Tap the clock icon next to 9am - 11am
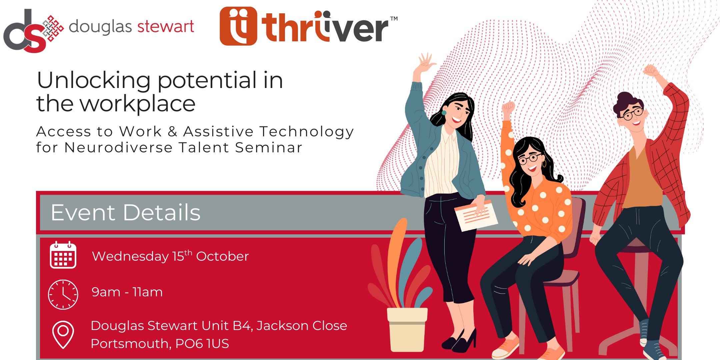click(63, 295)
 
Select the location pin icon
click(63, 334)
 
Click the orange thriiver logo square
click(238, 26)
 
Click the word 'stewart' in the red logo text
click(166, 27)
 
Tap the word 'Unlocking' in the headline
click(94, 80)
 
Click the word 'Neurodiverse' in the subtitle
click(118, 148)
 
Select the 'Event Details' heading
click(126, 212)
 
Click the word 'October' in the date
click(222, 256)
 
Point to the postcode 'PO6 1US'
click(202, 344)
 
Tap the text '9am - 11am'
click(127, 292)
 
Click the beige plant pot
click(407, 329)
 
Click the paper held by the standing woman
click(476, 215)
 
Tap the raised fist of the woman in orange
click(509, 108)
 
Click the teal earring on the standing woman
click(444, 113)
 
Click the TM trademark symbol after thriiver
click(394, 19)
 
